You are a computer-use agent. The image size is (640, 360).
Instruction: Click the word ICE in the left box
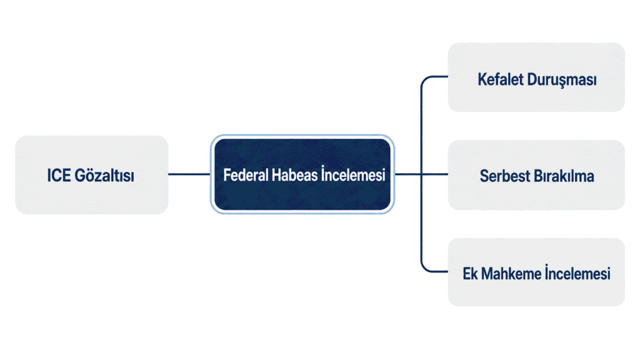(x=59, y=176)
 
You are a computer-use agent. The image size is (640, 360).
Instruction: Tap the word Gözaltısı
(x=104, y=176)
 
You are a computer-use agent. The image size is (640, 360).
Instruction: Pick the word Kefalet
(x=501, y=79)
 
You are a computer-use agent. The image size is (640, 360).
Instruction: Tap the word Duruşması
(x=562, y=80)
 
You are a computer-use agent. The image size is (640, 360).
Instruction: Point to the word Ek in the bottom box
(x=470, y=274)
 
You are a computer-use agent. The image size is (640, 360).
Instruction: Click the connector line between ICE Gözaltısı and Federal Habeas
(x=189, y=174)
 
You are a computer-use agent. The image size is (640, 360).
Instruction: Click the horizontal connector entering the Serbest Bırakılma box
(x=435, y=174)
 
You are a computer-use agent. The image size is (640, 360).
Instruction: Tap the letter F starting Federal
(x=226, y=175)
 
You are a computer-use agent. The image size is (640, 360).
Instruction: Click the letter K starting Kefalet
(x=482, y=79)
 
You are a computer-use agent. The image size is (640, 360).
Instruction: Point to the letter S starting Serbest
(x=484, y=176)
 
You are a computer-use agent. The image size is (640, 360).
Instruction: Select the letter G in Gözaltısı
(x=80, y=176)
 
